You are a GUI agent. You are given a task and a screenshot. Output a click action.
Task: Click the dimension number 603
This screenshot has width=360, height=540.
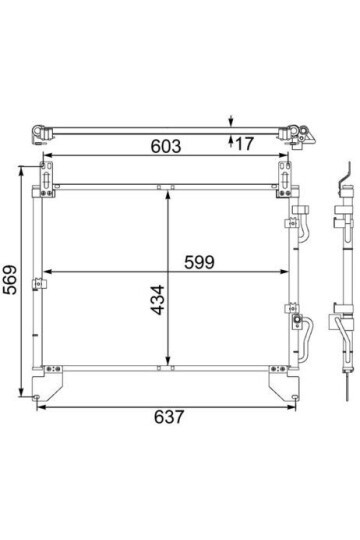[x=166, y=146]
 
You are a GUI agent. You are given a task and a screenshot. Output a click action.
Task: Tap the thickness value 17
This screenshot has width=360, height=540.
[x=245, y=143]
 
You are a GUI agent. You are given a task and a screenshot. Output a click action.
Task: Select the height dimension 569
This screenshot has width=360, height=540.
[x=10, y=279]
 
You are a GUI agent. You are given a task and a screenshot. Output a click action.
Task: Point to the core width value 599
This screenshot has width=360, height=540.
[x=199, y=262]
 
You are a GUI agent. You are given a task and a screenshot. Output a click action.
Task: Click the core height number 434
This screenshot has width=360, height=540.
[x=158, y=300]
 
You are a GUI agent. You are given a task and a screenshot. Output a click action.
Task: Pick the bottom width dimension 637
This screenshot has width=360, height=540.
[x=169, y=417]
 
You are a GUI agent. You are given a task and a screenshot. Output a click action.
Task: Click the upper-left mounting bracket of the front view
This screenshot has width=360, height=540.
[x=47, y=179]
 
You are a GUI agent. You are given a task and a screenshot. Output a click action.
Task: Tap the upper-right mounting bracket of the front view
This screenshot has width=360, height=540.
[x=285, y=179]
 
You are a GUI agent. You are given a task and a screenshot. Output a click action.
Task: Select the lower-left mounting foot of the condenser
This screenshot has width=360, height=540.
[x=48, y=383]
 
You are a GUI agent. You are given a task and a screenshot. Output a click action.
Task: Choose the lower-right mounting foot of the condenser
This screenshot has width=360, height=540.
[x=284, y=383]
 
